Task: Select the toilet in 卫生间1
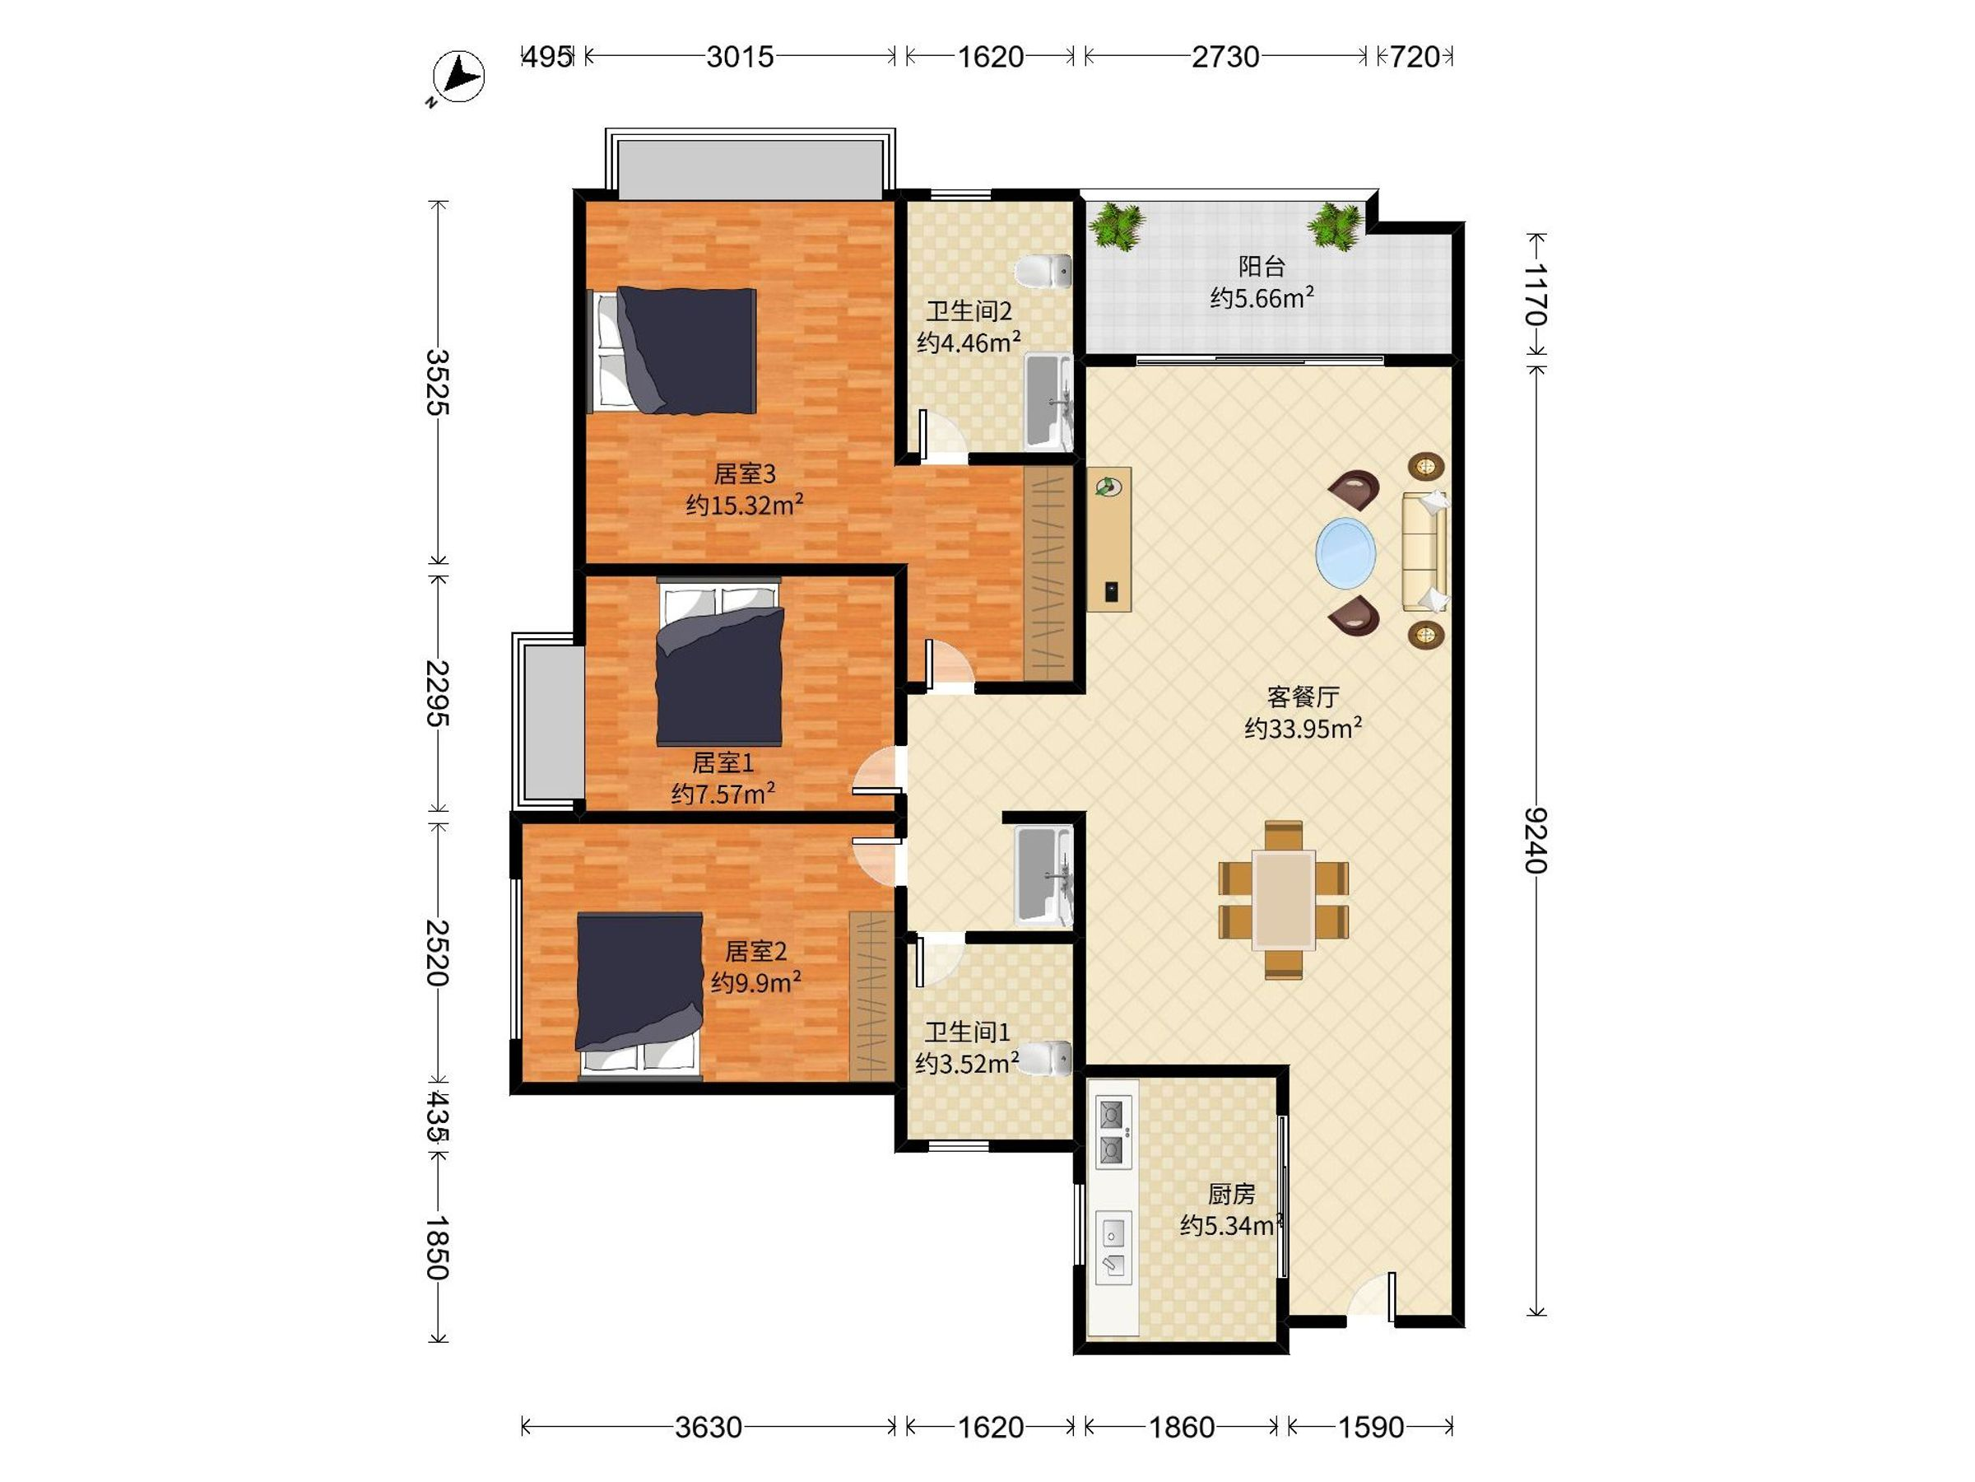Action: (x=1043, y=1059)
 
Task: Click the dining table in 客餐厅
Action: (x=1283, y=900)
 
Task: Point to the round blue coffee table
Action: (x=1345, y=553)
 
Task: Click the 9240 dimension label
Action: (x=1536, y=840)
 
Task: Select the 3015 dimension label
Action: (x=740, y=57)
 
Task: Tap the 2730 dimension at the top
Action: (x=1225, y=57)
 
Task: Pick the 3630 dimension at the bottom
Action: (x=708, y=1428)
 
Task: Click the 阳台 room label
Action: (x=1262, y=266)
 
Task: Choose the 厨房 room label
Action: (x=1231, y=1194)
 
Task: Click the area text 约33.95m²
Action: (x=1303, y=728)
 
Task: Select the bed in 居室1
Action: (x=718, y=662)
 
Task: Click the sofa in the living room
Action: (x=1424, y=552)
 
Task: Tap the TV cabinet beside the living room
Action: (x=1109, y=538)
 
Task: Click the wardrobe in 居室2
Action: (x=871, y=996)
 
